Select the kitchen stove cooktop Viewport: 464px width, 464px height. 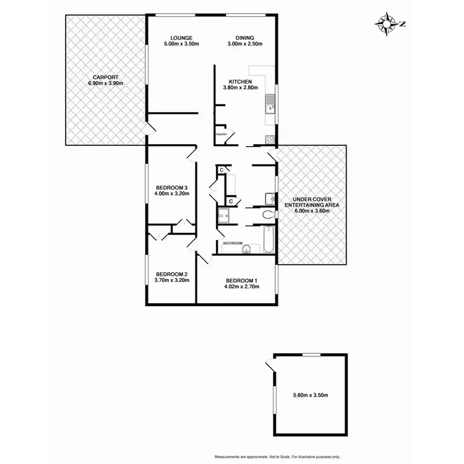coord(269,137)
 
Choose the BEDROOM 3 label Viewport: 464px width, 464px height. coord(171,187)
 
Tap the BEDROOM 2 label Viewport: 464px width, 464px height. coord(171,274)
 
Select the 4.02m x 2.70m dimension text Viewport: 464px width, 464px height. coord(241,286)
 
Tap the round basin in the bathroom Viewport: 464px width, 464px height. coord(247,249)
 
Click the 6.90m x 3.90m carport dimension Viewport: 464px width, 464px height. coord(106,83)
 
